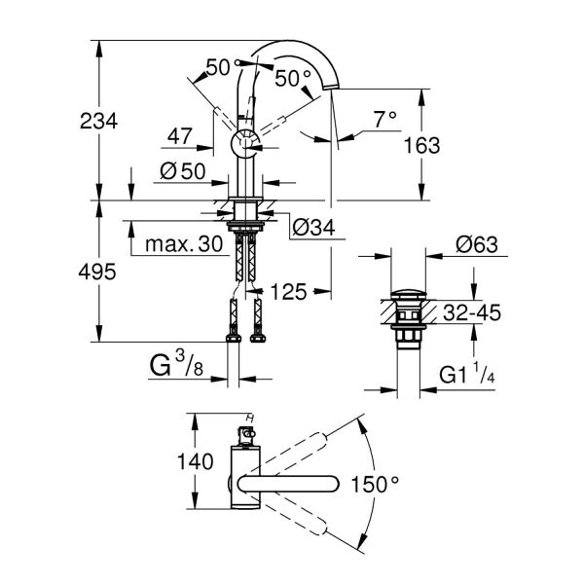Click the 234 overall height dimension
pos(98,121)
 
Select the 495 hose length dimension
pos(98,272)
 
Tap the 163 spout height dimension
pos(420,145)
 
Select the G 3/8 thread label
pos(178,367)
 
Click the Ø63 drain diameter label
pos(476,244)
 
